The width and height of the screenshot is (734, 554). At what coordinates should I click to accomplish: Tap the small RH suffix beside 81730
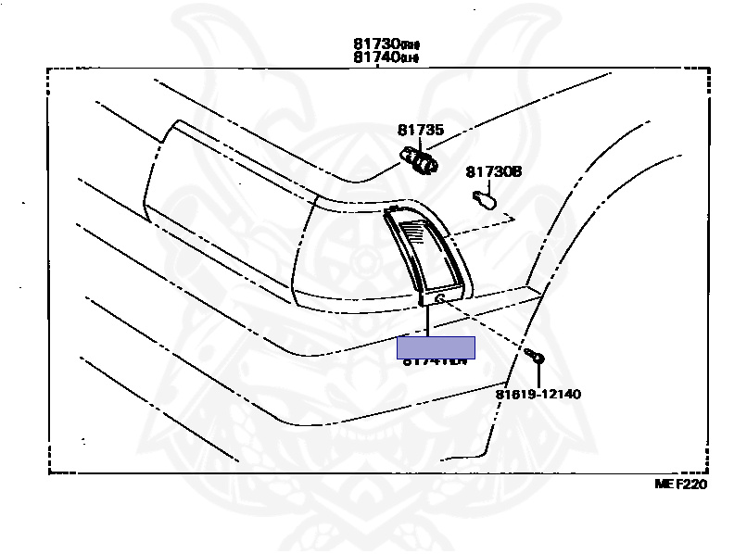tap(409, 44)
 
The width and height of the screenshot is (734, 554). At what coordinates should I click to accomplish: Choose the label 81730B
tap(494, 171)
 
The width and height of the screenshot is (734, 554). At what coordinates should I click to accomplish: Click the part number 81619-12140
tap(538, 394)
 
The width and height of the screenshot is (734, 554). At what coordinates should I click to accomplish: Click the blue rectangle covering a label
tap(436, 347)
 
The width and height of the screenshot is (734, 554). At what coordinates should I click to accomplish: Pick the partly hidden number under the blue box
tap(434, 361)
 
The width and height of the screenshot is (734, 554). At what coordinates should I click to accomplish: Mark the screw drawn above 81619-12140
tap(535, 357)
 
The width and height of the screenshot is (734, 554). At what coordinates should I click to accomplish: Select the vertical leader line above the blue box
tap(427, 321)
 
